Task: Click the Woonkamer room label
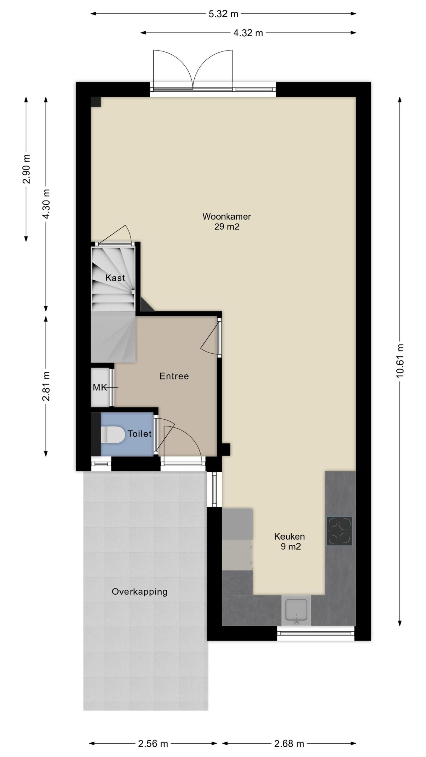pyautogui.click(x=227, y=216)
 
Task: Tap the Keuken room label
pyautogui.click(x=289, y=536)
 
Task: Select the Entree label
pyautogui.click(x=174, y=376)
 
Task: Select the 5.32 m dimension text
pyautogui.click(x=223, y=14)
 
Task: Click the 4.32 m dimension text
pyautogui.click(x=248, y=33)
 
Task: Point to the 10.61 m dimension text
pyautogui.click(x=399, y=361)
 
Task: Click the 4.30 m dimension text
pyautogui.click(x=46, y=204)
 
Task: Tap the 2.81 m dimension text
pyautogui.click(x=46, y=386)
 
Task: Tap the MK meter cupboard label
pyautogui.click(x=100, y=388)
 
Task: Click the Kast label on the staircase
pyautogui.click(x=115, y=278)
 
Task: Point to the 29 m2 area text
pyautogui.click(x=227, y=227)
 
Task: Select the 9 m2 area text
pyautogui.click(x=291, y=546)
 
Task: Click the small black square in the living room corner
pyautogui.click(x=96, y=102)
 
